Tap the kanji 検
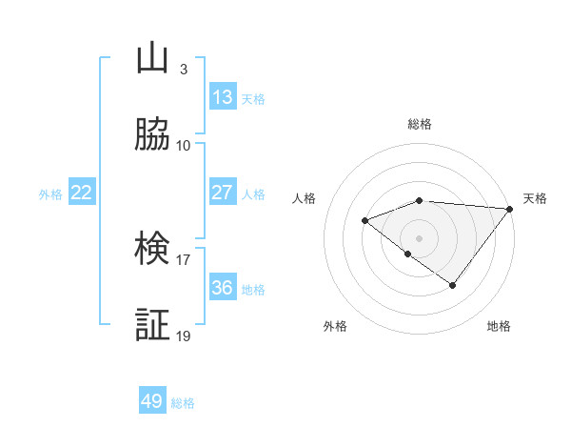coord(152,249)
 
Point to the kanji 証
coord(152,325)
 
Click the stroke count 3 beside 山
coord(183,70)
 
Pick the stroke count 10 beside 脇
coord(184,145)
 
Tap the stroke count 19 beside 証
coord(184,336)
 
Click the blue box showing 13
coord(223,96)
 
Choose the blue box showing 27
coord(223,193)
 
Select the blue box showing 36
coord(223,287)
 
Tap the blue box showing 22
coord(82,193)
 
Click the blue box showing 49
coord(152,401)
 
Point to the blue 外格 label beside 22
coord(50,194)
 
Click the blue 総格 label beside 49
coord(183,403)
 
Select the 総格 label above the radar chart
coord(420,124)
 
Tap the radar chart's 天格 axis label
coord(536,198)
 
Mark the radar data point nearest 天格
coord(510,209)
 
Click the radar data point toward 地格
coord(453,285)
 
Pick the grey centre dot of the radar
coord(420,237)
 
